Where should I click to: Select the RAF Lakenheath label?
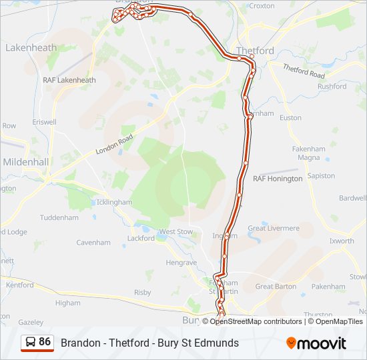point(69,80)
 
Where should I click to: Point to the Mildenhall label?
point(26,162)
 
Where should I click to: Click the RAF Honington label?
point(278,179)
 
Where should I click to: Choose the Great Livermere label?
point(274,228)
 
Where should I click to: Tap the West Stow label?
point(175,231)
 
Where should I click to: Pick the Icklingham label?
point(114,201)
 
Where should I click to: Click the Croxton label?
point(261,5)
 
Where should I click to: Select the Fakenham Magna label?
point(309,153)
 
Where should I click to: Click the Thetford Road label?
point(304,71)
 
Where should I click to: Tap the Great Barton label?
point(276,287)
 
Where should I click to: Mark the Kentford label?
point(19,285)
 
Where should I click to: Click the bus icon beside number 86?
point(31,343)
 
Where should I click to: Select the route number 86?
point(45,342)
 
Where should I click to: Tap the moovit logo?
point(316,343)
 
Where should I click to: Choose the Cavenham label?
point(93,243)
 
